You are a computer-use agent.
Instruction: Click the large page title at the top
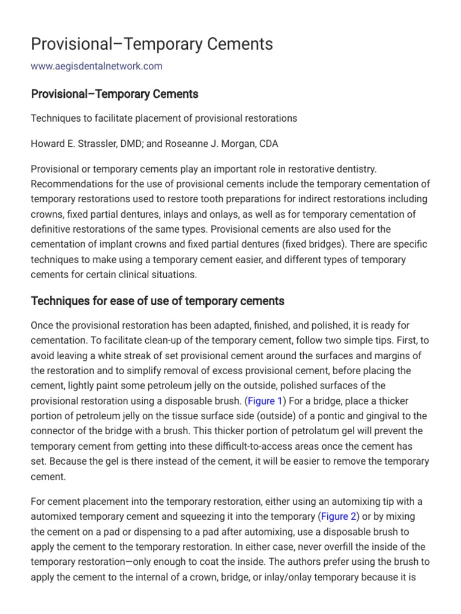(x=152, y=44)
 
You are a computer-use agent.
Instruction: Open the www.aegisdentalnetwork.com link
(x=97, y=66)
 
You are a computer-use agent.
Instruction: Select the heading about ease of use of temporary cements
(x=157, y=301)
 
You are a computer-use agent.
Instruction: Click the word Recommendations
(x=69, y=183)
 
